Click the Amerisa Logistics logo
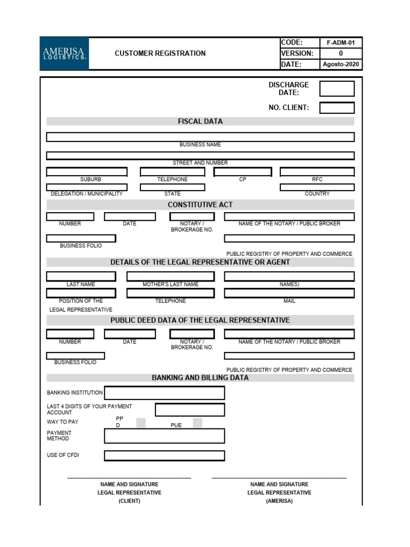[x=64, y=53]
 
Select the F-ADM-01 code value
[x=341, y=43]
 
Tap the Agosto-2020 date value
[x=341, y=65]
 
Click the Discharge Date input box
[x=337, y=89]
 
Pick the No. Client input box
[x=337, y=108]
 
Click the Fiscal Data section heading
[x=200, y=121]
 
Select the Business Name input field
[x=200, y=137]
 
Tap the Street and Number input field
[x=200, y=155]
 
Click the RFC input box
[x=317, y=172]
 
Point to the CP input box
[x=243, y=172]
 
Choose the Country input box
[x=317, y=187]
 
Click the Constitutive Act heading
[x=200, y=205]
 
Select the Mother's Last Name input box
[x=170, y=277]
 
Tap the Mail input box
[x=289, y=293]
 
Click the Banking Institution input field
[x=164, y=393]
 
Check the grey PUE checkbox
[x=198, y=423]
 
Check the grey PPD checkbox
[x=141, y=423]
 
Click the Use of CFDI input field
[x=164, y=456]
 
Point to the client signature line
[x=129, y=478]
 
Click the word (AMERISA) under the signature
[x=279, y=501]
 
